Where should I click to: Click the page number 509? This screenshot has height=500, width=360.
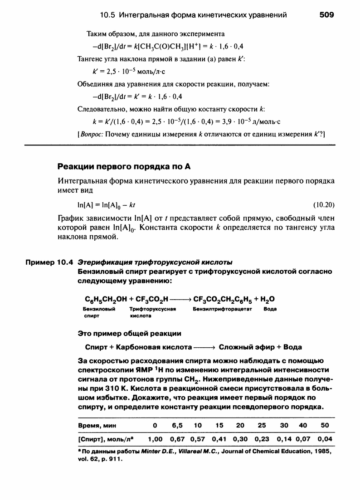pyautogui.click(x=326, y=15)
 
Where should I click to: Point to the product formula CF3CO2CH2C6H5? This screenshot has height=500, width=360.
pyautogui.click(x=223, y=299)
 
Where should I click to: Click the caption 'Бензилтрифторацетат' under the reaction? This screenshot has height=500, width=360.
pyautogui.click(x=219, y=309)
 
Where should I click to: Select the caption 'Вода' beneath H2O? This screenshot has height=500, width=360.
pyautogui.click(x=270, y=309)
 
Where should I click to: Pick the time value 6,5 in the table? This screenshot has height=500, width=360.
pyautogui.click(x=177, y=426)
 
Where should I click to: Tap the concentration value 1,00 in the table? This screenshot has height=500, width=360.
pyautogui.click(x=156, y=439)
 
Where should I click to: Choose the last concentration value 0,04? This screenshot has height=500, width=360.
pyautogui.click(x=325, y=439)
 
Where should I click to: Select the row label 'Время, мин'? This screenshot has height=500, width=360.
pyautogui.click(x=97, y=426)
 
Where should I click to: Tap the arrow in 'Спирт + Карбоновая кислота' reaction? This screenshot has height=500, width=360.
pyautogui.click(x=203, y=347)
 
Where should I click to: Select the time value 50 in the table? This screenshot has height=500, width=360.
pyautogui.click(x=325, y=426)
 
